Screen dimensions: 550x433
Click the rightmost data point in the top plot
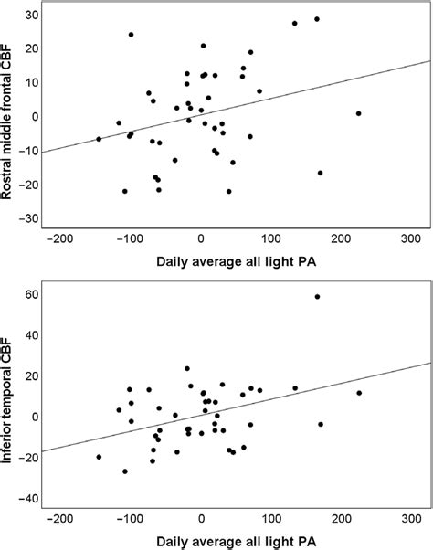click(359, 113)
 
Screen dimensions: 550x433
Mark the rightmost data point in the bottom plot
click(359, 393)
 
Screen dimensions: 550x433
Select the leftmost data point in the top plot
click(99, 139)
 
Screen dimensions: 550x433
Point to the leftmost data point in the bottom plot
click(99, 457)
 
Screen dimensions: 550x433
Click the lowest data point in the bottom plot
click(125, 471)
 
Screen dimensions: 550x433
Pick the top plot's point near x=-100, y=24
click(131, 35)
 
